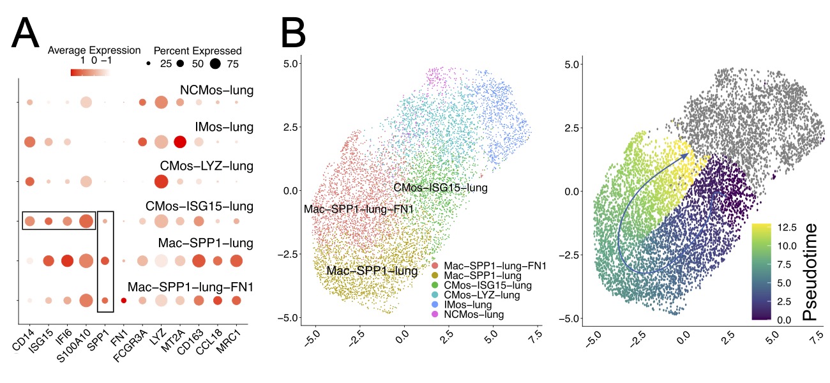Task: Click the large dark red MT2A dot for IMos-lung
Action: [180, 142]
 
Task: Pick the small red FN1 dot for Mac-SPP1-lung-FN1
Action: [124, 300]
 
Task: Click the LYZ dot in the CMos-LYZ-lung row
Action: [161, 182]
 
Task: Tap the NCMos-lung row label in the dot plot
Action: [217, 91]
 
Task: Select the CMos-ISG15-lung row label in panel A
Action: [199, 206]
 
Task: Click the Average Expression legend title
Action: [94, 50]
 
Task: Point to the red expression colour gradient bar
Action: [90, 72]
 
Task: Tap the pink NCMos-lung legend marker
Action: [435, 315]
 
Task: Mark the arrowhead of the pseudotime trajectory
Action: [686, 155]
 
